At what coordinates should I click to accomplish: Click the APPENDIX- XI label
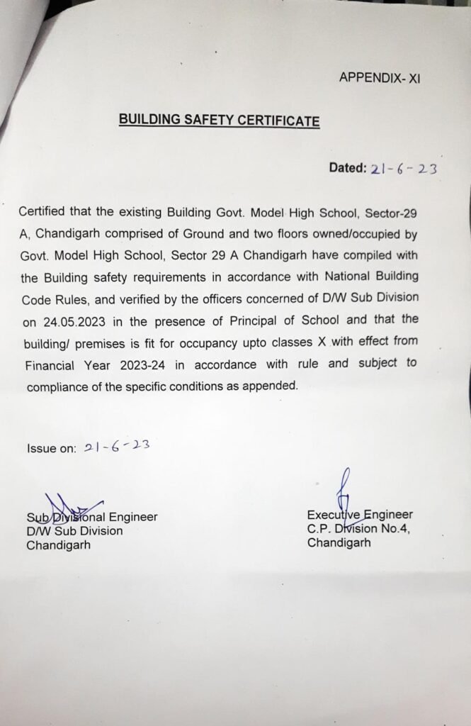pyautogui.click(x=380, y=78)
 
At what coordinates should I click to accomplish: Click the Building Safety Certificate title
pyautogui.click(x=219, y=121)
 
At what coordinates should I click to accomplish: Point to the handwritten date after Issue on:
pyautogui.click(x=115, y=447)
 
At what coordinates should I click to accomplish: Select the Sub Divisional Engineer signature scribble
pyautogui.click(x=71, y=506)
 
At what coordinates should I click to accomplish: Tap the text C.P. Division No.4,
pyautogui.click(x=358, y=529)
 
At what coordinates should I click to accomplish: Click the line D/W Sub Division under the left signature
pyautogui.click(x=74, y=531)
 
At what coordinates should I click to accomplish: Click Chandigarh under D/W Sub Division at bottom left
pyautogui.click(x=58, y=545)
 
